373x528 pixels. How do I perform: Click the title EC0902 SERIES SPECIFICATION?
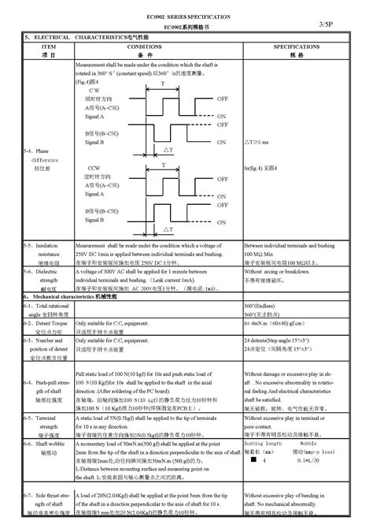tap(186, 17)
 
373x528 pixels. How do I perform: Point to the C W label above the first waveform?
tap(94, 91)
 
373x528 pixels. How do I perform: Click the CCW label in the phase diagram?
tap(94, 169)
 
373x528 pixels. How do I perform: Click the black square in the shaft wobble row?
tap(251, 462)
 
